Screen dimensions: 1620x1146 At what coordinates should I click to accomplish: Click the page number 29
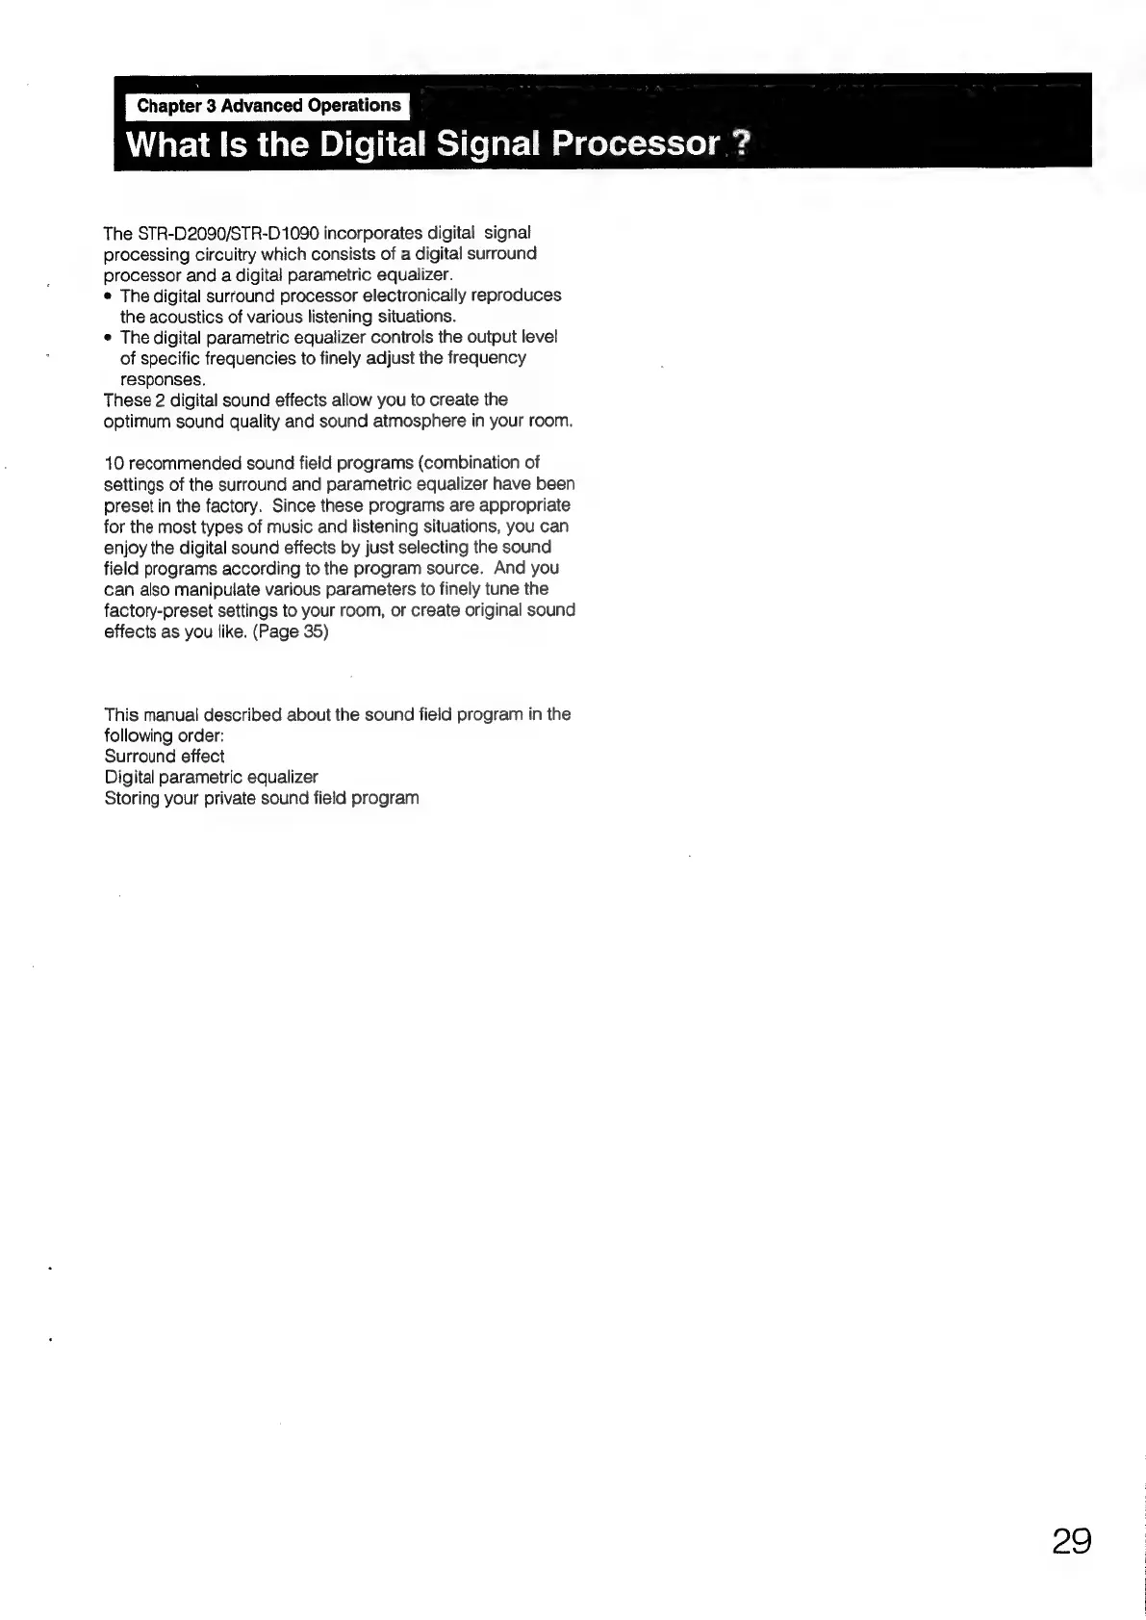coord(1071,1542)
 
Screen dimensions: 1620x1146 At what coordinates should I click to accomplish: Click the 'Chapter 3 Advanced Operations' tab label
coord(268,105)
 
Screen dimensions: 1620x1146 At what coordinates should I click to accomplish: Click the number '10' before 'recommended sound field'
coord(113,463)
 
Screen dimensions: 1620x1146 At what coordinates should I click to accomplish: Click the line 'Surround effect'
coord(164,756)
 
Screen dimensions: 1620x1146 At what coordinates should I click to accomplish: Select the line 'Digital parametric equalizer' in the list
coord(211,777)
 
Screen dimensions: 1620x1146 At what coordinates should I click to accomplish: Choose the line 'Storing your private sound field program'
coord(262,798)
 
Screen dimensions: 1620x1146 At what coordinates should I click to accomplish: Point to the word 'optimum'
coord(135,422)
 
